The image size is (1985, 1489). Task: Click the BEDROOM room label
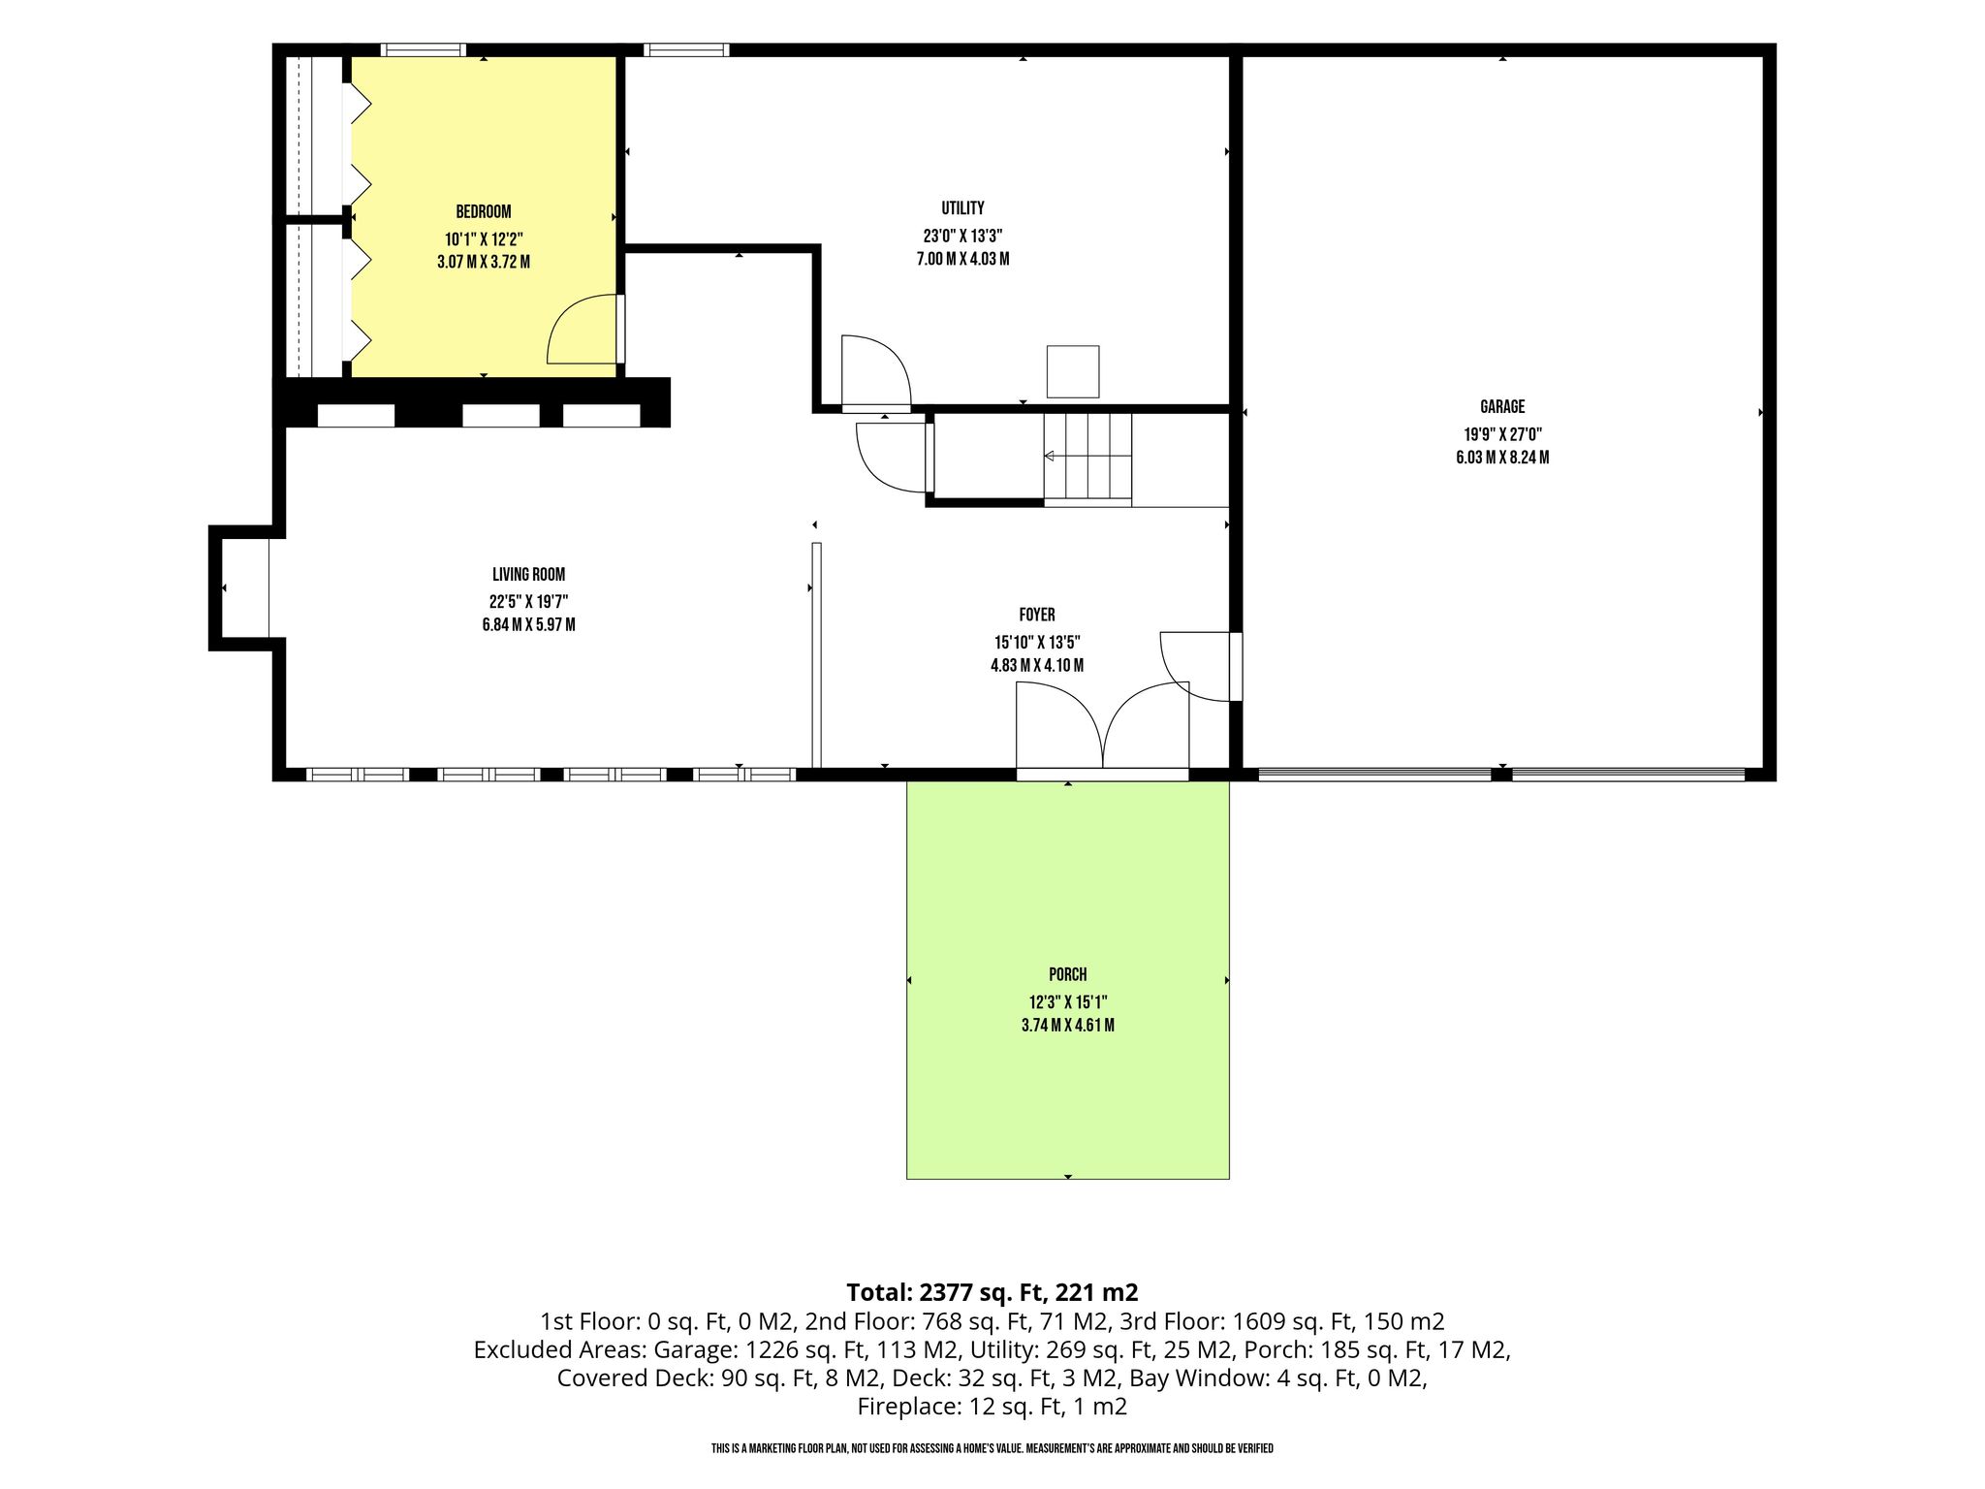tap(484, 211)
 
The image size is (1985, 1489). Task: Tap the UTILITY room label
tap(962, 207)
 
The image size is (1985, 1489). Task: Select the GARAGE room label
tap(1502, 407)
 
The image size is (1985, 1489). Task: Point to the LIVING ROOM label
tap(528, 574)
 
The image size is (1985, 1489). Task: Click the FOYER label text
tap(1037, 615)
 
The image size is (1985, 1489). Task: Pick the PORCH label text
tap(1068, 975)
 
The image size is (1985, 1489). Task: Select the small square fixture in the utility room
tap(1073, 371)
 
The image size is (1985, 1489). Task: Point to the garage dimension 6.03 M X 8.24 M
tap(1502, 458)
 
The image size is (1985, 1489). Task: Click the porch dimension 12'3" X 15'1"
tap(1068, 1002)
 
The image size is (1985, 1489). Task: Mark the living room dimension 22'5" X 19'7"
tap(528, 601)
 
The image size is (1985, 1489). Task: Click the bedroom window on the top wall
tap(423, 49)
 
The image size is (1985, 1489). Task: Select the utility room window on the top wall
tap(686, 49)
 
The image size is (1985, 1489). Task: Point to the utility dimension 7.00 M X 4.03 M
tap(962, 259)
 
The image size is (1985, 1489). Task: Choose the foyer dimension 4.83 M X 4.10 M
tap(1037, 666)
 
